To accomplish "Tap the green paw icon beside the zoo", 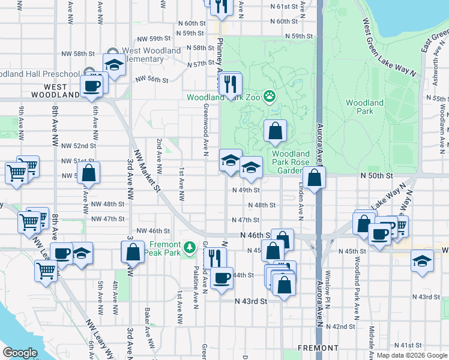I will point(270,95).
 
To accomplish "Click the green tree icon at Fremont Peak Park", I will point(190,247).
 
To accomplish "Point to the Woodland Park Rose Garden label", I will point(292,162).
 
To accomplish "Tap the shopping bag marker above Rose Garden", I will point(275,131).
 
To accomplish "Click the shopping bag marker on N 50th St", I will point(314,178).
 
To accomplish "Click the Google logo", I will point(20,352).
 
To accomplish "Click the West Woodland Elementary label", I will point(151,55).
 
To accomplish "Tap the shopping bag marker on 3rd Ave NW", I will point(133,251).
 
